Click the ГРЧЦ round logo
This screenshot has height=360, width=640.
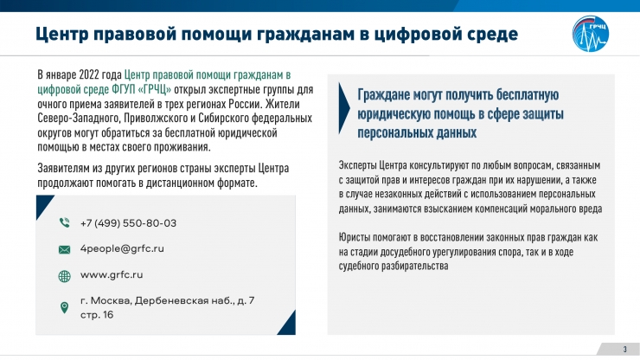[591, 34]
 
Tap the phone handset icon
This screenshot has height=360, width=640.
[65, 222]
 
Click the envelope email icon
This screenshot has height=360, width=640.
[65, 249]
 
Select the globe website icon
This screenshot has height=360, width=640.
[65, 277]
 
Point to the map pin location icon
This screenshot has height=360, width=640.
[64, 307]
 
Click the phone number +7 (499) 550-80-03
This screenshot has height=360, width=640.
[128, 223]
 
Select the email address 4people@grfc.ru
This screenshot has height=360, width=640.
[122, 248]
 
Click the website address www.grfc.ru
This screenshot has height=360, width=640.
[112, 274]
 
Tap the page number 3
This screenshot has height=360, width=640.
[625, 349]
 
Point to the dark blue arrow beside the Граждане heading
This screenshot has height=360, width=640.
[344, 108]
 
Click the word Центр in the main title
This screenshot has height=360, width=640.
[61, 34]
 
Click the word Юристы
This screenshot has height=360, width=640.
[354, 237]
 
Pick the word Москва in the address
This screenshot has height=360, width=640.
[111, 301]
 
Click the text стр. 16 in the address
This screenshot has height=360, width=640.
[97, 315]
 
